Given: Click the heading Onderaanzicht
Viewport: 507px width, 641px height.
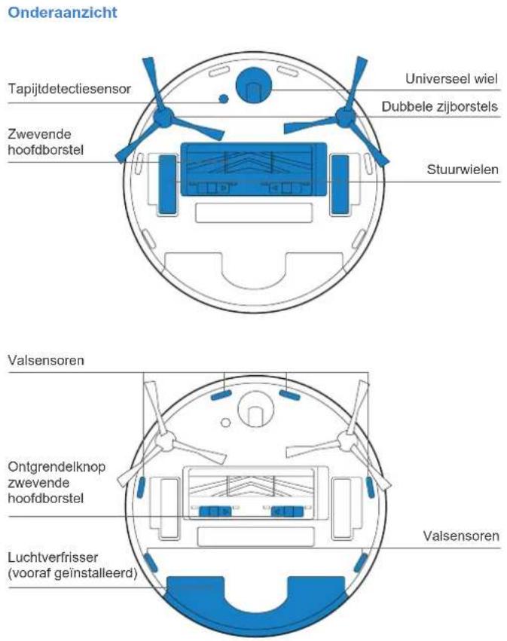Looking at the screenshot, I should [62, 14].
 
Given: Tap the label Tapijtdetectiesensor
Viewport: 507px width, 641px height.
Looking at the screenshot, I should [69, 89].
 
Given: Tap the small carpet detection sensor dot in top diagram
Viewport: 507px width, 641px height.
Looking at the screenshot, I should [221, 99].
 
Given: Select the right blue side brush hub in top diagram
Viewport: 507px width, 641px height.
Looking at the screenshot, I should [344, 116].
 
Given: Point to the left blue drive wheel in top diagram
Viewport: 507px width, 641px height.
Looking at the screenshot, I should [166, 182].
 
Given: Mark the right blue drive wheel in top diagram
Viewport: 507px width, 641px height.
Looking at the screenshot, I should [341, 182].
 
